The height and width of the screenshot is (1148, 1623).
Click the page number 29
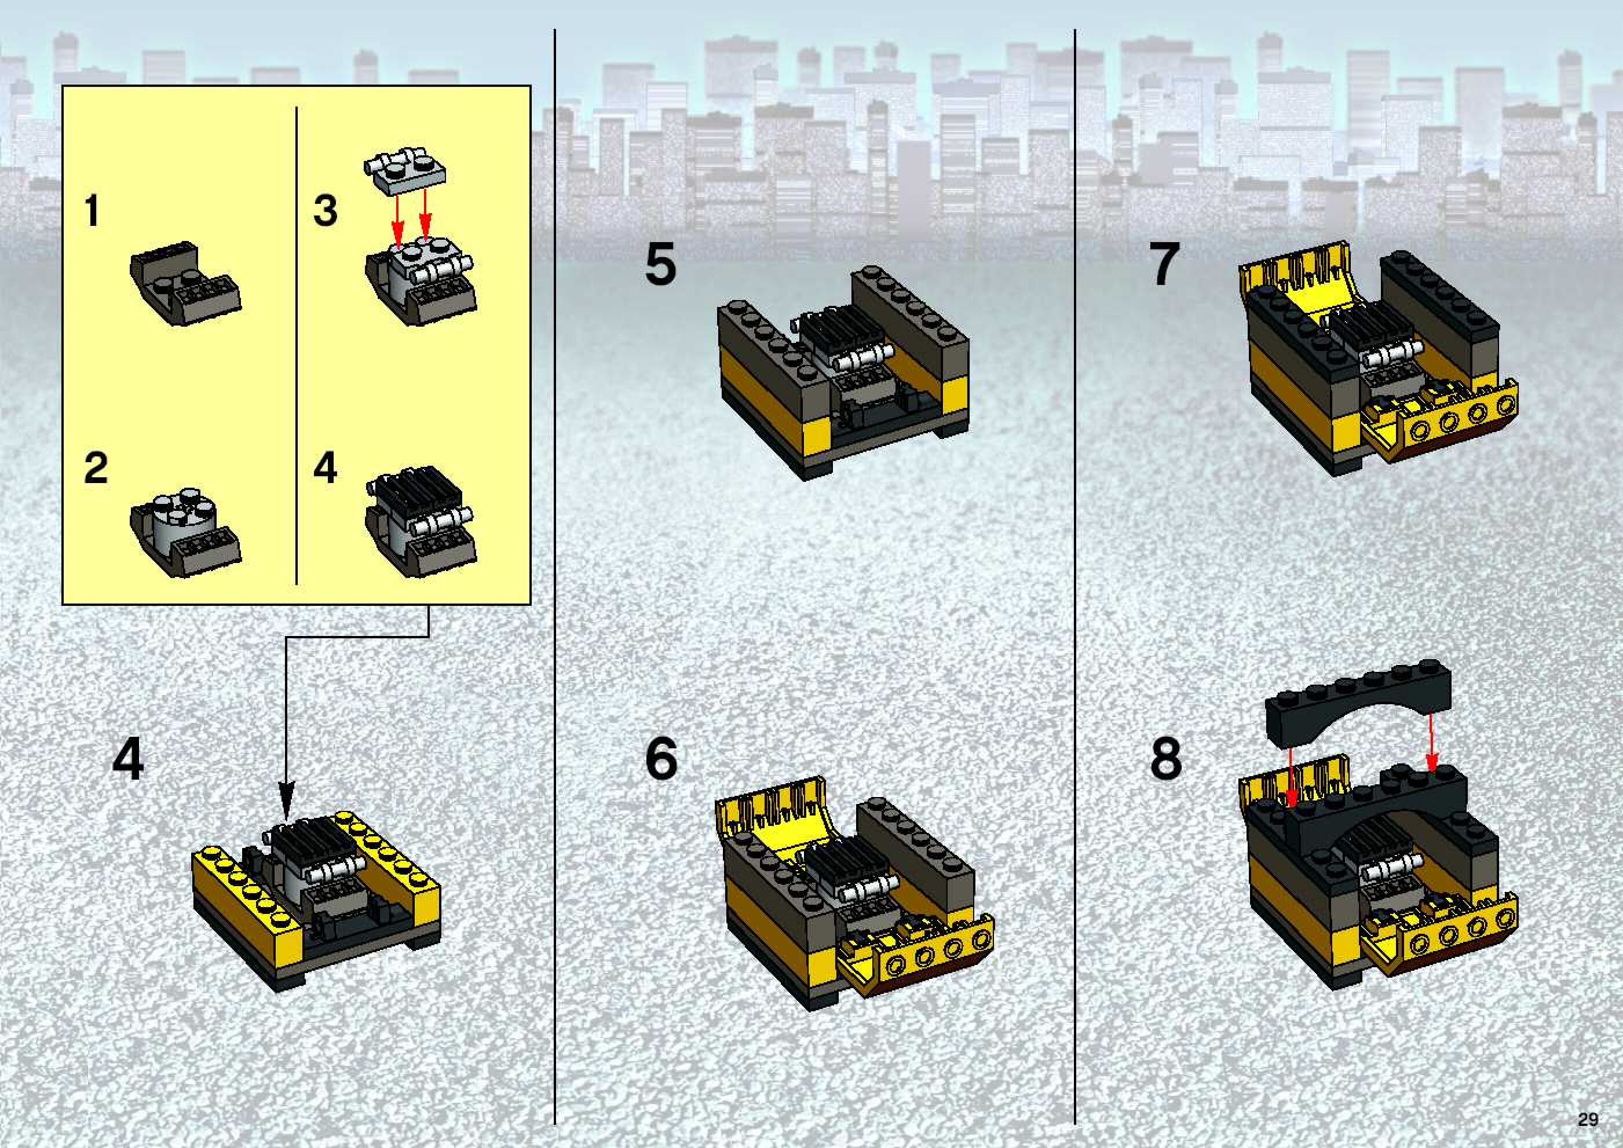[1588, 1120]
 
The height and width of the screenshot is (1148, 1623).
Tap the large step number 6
[661, 759]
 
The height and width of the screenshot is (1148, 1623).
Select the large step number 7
[1165, 264]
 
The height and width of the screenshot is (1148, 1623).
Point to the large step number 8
[1165, 759]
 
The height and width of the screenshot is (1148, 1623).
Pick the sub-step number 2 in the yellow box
[96, 468]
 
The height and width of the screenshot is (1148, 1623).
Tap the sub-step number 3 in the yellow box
[325, 211]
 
